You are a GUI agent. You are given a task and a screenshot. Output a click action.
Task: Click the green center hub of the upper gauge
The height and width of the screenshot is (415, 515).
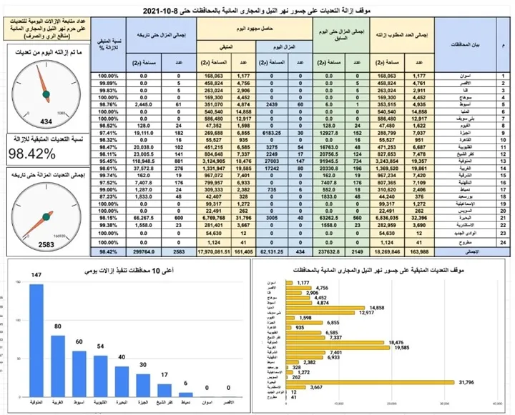pyautogui.click(x=44, y=93)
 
